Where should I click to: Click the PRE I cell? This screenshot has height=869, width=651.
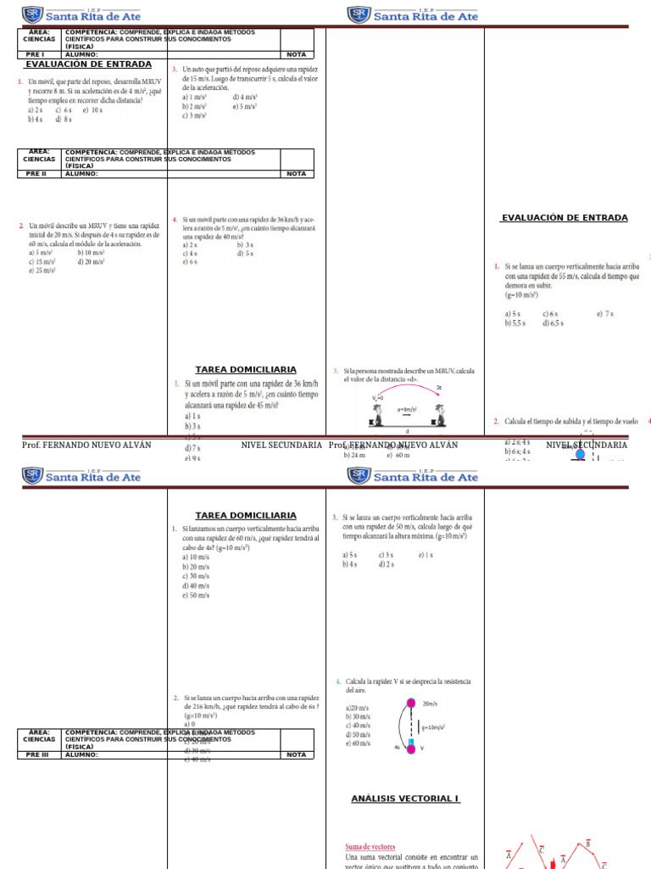point(35,54)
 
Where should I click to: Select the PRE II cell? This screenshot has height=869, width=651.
point(36,174)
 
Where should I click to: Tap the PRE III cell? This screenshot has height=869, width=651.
point(37,754)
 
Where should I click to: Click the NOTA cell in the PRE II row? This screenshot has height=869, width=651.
point(296,174)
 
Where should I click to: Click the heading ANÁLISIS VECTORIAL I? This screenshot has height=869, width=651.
point(405,799)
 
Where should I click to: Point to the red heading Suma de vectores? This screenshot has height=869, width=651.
point(370,847)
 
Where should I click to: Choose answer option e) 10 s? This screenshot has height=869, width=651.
point(92,109)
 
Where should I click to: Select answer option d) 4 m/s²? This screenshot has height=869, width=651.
point(245,97)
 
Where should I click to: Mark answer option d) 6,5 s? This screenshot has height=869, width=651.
point(554,323)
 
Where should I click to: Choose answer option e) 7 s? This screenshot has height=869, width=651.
point(604,314)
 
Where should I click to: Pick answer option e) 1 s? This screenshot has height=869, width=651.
point(426,555)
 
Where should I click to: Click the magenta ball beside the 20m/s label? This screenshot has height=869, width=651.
point(412,704)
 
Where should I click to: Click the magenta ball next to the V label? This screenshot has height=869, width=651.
point(411,748)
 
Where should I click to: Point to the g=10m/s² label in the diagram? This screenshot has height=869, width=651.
point(433,727)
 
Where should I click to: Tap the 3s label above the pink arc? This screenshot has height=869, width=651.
point(439,387)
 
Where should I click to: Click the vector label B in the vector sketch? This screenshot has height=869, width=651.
point(587,844)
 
